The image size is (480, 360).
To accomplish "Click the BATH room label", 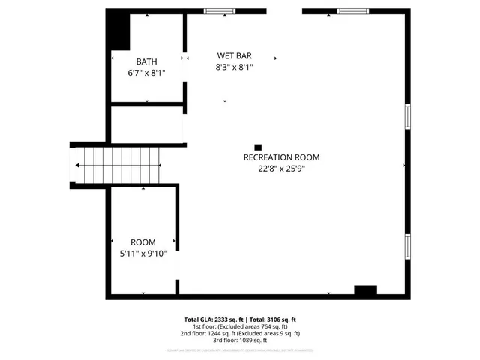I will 146,61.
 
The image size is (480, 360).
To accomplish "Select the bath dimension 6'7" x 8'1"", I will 146,73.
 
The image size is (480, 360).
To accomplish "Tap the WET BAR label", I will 234,55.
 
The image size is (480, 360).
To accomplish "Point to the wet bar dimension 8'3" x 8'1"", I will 234,67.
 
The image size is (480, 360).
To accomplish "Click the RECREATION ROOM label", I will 281,157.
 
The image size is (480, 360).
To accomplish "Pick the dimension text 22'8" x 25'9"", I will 281,169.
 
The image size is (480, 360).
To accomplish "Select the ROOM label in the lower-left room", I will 142,242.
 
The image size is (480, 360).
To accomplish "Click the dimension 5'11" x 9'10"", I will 142,254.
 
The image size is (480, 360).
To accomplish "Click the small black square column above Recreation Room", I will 258,148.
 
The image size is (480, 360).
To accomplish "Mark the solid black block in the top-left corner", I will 118,30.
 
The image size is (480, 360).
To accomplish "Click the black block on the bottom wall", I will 365,291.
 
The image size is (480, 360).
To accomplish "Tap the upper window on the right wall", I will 407,117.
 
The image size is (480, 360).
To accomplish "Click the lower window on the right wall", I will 407,245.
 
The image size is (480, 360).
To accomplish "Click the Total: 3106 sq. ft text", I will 272,319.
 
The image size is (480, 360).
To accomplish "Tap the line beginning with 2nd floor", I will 240,333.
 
